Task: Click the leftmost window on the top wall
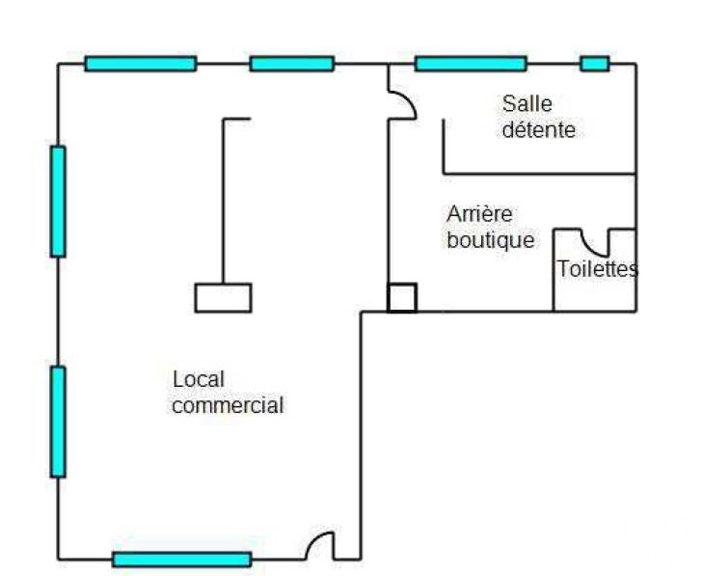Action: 140,64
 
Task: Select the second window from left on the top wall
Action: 291,64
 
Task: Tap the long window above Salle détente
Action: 471,64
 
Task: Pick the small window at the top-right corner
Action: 594,64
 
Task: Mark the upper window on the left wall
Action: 58,201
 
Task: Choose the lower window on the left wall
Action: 58,421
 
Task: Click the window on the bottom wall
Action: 181,559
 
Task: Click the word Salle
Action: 527,103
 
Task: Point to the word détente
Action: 539,129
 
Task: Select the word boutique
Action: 490,240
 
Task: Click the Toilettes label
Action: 597,269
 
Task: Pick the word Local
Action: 198,379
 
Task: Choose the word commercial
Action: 228,405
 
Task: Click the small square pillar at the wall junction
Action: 402,298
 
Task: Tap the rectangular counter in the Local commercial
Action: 223,297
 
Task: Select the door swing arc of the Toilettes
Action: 595,244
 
